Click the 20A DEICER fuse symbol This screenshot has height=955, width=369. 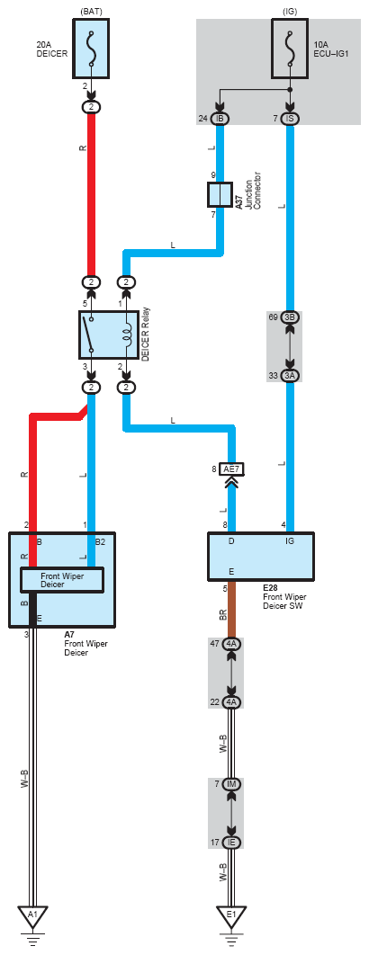[x=91, y=49]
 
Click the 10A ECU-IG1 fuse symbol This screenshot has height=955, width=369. [x=290, y=49]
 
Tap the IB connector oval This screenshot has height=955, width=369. [x=220, y=118]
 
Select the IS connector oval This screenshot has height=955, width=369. [x=290, y=118]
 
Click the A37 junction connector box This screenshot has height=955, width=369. [x=220, y=195]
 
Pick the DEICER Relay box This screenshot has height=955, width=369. [x=109, y=335]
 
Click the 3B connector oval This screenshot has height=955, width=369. [x=290, y=318]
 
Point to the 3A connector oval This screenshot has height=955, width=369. [x=290, y=376]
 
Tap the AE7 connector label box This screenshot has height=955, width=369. [x=232, y=469]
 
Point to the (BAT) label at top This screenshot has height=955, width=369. [x=91, y=11]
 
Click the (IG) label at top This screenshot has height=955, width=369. [x=290, y=11]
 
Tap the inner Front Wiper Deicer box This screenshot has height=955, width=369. [x=62, y=579]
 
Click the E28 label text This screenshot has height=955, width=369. [x=270, y=588]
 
